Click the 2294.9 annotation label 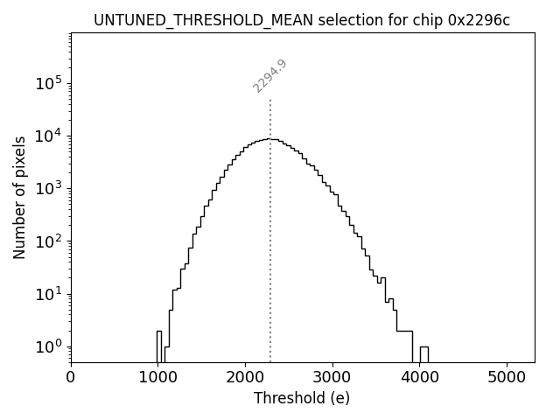[x=270, y=76]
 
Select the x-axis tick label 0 [x=71, y=377]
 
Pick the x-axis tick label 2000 [x=245, y=377]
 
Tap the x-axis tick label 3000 [x=332, y=377]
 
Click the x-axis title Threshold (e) [x=302, y=398]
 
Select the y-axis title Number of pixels [x=19, y=198]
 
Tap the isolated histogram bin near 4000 [x=423, y=353]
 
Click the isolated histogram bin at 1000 [x=159, y=346]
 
